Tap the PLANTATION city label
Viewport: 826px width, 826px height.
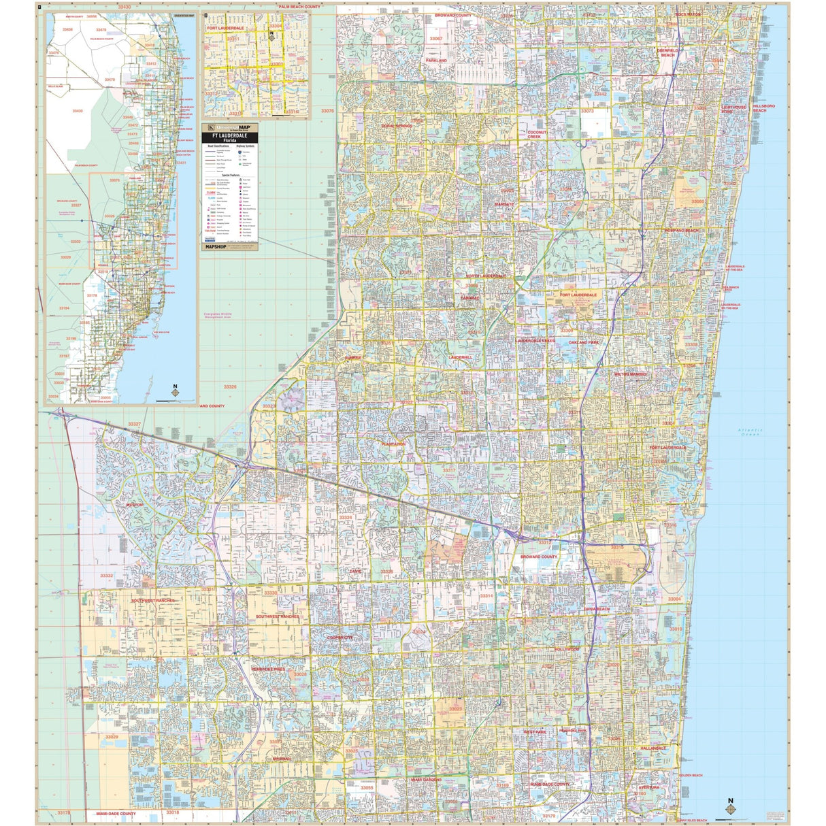pyautogui.click(x=393, y=444)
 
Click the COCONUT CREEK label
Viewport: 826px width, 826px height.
pyautogui.click(x=537, y=134)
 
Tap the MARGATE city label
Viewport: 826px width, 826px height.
pyautogui.click(x=504, y=204)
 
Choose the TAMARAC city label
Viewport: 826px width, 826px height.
pyautogui.click(x=469, y=298)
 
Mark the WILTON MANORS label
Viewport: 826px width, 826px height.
pyautogui.click(x=631, y=374)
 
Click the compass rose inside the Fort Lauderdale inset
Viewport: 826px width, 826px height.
pyautogui.click(x=272, y=36)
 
